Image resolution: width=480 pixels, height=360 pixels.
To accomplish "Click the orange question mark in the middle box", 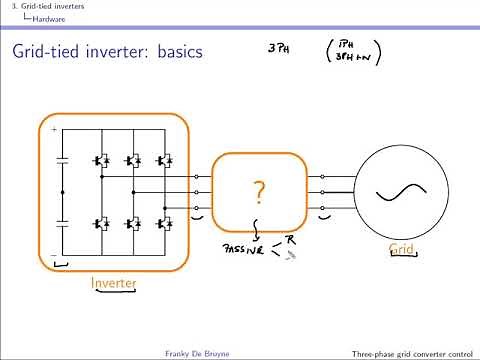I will pyautogui.click(x=259, y=190).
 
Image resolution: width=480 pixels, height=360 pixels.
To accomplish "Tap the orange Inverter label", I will pyautogui.click(x=114, y=284).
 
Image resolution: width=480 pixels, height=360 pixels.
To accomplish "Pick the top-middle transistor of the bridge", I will pyautogui.click(x=133, y=159).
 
